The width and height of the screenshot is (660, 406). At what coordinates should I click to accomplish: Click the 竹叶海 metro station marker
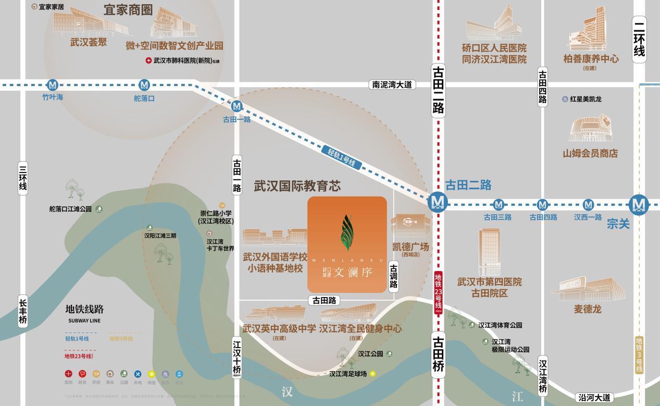click(52, 85)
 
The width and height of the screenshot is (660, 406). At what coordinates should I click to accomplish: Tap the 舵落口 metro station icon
click(144, 85)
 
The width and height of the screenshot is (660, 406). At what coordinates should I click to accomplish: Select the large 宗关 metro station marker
click(638, 204)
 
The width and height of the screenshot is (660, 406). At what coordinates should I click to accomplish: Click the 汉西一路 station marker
click(588, 205)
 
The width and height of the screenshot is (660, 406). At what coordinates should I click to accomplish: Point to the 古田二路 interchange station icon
click(438, 202)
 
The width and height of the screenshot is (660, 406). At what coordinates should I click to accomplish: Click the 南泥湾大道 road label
click(392, 84)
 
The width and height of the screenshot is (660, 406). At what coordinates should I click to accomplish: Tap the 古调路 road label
click(394, 276)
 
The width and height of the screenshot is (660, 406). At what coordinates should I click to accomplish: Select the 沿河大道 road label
click(594, 398)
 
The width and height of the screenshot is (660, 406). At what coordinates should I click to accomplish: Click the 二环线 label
click(639, 40)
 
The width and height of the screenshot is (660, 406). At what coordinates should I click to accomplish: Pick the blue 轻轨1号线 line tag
click(341, 157)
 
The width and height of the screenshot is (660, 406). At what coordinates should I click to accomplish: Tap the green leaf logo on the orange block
click(346, 232)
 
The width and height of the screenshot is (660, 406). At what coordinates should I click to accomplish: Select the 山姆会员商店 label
click(590, 153)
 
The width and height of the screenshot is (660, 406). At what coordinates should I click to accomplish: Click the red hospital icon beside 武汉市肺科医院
click(148, 61)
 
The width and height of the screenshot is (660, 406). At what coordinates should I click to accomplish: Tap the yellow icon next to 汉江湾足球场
click(372, 374)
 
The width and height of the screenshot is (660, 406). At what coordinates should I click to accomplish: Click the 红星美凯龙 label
click(586, 99)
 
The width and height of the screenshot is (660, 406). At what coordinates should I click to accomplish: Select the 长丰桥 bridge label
click(23, 311)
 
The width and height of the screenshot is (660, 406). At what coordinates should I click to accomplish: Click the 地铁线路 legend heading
click(84, 310)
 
